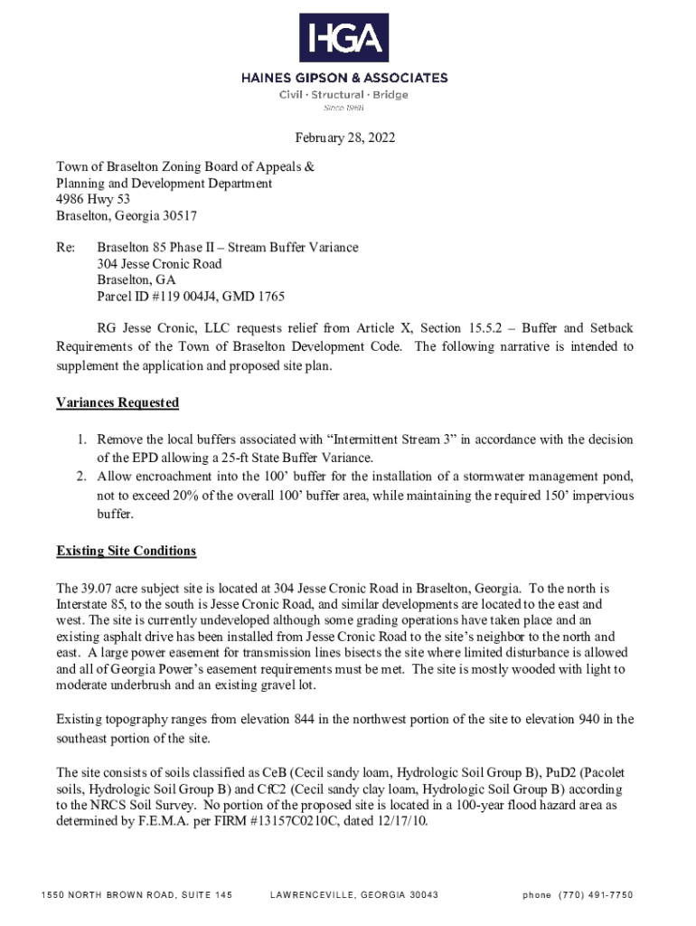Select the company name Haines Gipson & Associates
coord(343,79)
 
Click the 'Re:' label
coord(66,248)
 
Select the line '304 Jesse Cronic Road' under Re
coord(159,264)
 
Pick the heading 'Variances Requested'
coord(118,402)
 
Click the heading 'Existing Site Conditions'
coord(126,551)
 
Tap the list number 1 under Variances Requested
coord(81,439)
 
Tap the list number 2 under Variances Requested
coord(81,477)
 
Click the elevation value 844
coord(304,719)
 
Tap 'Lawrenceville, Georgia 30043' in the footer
coord(353,895)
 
